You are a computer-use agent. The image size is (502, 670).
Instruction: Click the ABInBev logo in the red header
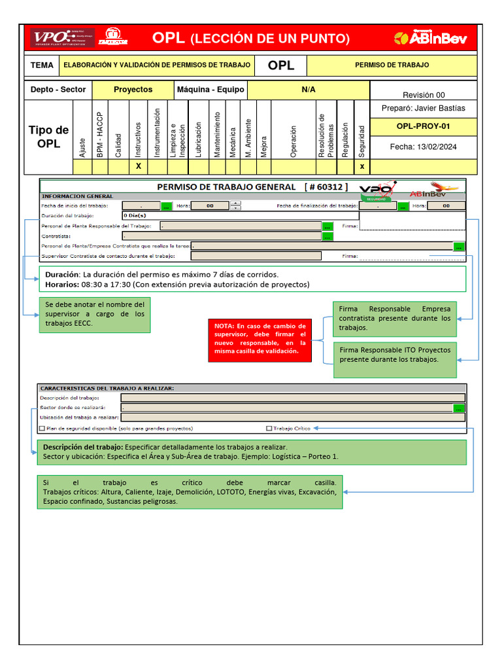tap(431, 39)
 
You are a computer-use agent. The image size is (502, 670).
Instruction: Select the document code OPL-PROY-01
tap(423, 126)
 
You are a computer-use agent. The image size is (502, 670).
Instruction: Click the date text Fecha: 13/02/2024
tap(423, 147)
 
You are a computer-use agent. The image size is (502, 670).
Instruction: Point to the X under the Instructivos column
tap(138, 166)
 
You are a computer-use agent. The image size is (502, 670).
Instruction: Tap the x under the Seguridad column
tap(362, 166)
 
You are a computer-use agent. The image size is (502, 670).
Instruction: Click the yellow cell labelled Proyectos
tap(133, 90)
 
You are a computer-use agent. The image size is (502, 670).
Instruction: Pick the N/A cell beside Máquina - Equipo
tap(309, 90)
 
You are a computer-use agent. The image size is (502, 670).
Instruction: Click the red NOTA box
tap(259, 339)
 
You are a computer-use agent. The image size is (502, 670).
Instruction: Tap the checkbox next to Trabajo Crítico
tap(269, 429)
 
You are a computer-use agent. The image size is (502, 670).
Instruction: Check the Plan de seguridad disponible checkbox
tap(42, 429)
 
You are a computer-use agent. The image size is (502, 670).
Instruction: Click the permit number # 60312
tap(326, 187)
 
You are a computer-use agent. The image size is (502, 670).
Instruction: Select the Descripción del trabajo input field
tap(293, 397)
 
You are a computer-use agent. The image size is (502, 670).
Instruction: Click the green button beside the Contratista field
tap(327, 236)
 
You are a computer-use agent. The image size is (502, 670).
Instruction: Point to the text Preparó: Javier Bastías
tap(423, 108)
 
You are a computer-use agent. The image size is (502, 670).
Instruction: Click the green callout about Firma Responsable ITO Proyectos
tap(395, 359)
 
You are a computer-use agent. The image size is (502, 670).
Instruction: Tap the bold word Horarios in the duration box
tap(62, 285)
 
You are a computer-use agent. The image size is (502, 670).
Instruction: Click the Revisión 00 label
tap(423, 95)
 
